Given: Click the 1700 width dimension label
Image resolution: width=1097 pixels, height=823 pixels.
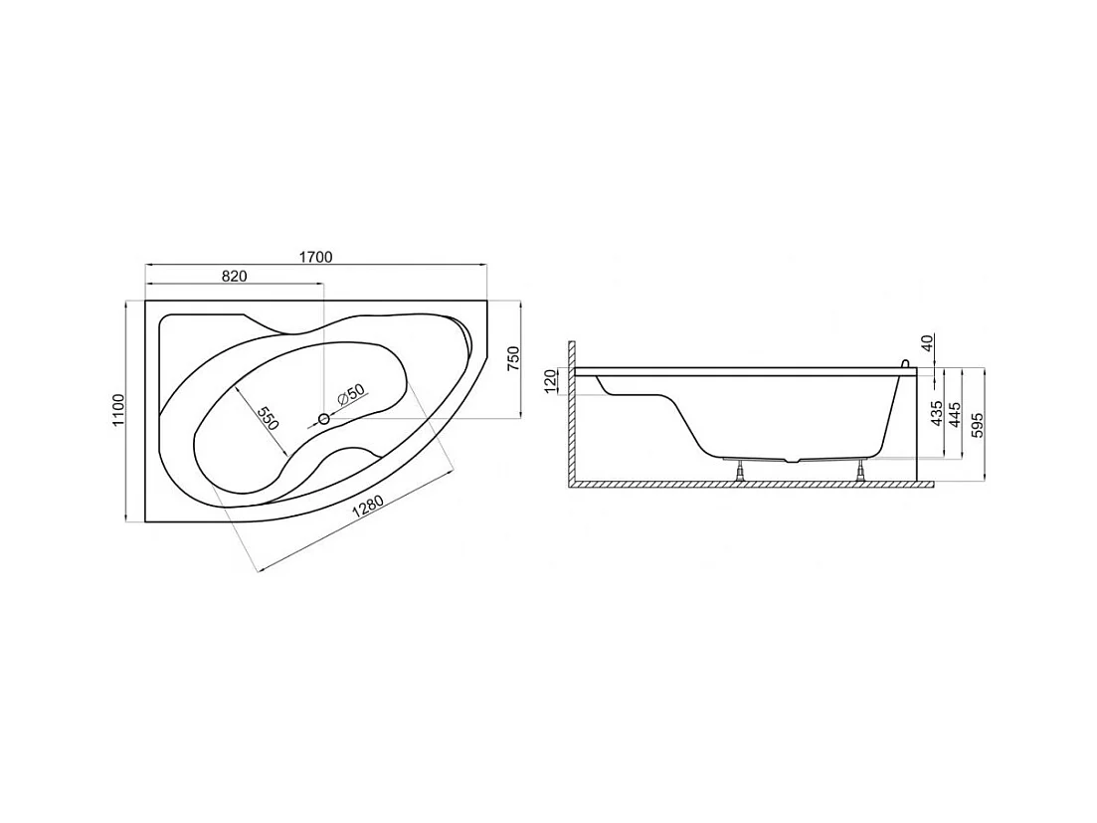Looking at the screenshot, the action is click(315, 257).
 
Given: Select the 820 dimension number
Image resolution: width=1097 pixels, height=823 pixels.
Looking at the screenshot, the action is click(235, 276).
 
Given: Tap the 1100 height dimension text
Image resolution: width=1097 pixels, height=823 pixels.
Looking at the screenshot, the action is click(117, 410).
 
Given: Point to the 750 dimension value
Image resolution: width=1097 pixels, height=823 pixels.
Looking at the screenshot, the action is click(513, 358).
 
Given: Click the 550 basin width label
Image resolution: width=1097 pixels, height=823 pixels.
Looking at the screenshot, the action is click(267, 419).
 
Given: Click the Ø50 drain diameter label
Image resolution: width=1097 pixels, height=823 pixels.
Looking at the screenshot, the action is click(350, 396).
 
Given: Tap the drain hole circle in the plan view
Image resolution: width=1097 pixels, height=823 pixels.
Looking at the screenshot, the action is click(324, 419).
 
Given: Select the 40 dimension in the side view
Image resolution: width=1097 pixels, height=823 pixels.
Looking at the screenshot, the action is click(927, 343).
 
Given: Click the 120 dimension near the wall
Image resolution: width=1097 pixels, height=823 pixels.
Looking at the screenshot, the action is click(551, 381).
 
